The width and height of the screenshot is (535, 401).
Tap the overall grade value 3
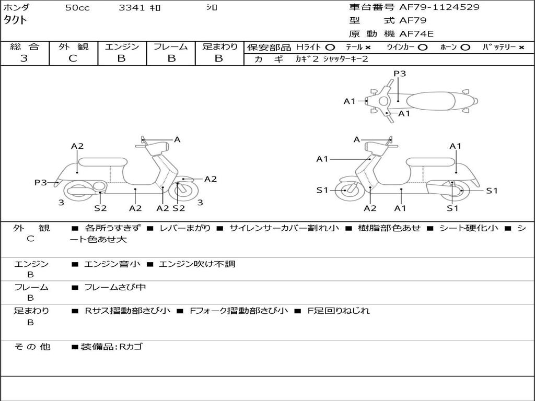[24, 58]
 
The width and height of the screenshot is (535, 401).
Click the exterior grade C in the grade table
[73, 58]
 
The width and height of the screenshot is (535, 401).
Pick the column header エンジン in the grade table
[122, 46]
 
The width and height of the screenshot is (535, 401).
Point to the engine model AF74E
[416, 34]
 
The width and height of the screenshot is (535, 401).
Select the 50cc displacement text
[77, 8]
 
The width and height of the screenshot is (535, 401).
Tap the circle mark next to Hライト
[330, 47]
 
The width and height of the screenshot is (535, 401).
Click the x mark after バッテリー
[521, 47]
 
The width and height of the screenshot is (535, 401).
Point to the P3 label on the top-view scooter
[400, 74]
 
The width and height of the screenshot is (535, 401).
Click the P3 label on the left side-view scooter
[41, 182]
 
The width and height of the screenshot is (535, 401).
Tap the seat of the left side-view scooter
[102, 161]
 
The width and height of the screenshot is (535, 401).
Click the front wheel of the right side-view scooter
[346, 191]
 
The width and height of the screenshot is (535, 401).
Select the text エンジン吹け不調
[197, 264]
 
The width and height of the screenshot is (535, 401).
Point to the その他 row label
[32, 347]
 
